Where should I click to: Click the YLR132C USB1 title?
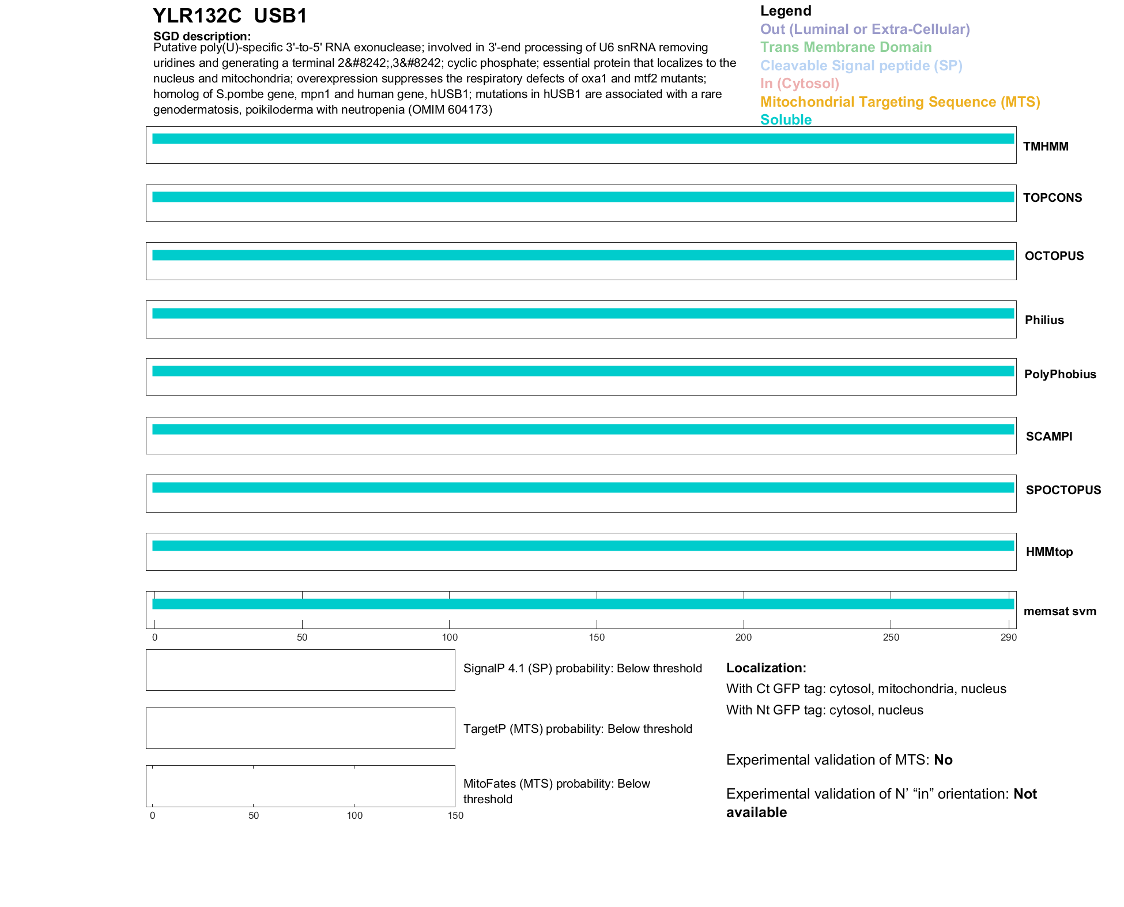click(x=230, y=16)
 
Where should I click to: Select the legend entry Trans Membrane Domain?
click(x=846, y=47)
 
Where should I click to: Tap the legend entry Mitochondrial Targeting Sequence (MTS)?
click(x=900, y=102)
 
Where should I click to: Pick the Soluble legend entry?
click(x=786, y=120)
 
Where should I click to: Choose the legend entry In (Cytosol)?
click(x=799, y=84)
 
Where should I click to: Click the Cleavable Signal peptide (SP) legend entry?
click(x=861, y=66)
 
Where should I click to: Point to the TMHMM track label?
click(x=1046, y=146)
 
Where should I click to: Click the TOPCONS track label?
click(x=1052, y=198)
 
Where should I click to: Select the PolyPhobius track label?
click(x=1060, y=374)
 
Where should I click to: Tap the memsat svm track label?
click(x=1059, y=611)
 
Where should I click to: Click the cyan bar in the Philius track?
click(x=582, y=314)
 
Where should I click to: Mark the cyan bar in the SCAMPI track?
click(x=582, y=430)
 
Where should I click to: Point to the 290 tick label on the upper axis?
click(x=1009, y=637)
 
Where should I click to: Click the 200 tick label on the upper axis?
click(x=744, y=637)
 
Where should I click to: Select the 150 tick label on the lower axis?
click(x=455, y=815)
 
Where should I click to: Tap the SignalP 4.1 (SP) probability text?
click(x=582, y=668)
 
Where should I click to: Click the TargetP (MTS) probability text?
click(x=578, y=729)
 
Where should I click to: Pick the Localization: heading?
click(x=766, y=668)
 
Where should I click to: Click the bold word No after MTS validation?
click(x=943, y=760)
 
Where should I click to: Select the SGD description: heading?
click(x=202, y=36)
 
